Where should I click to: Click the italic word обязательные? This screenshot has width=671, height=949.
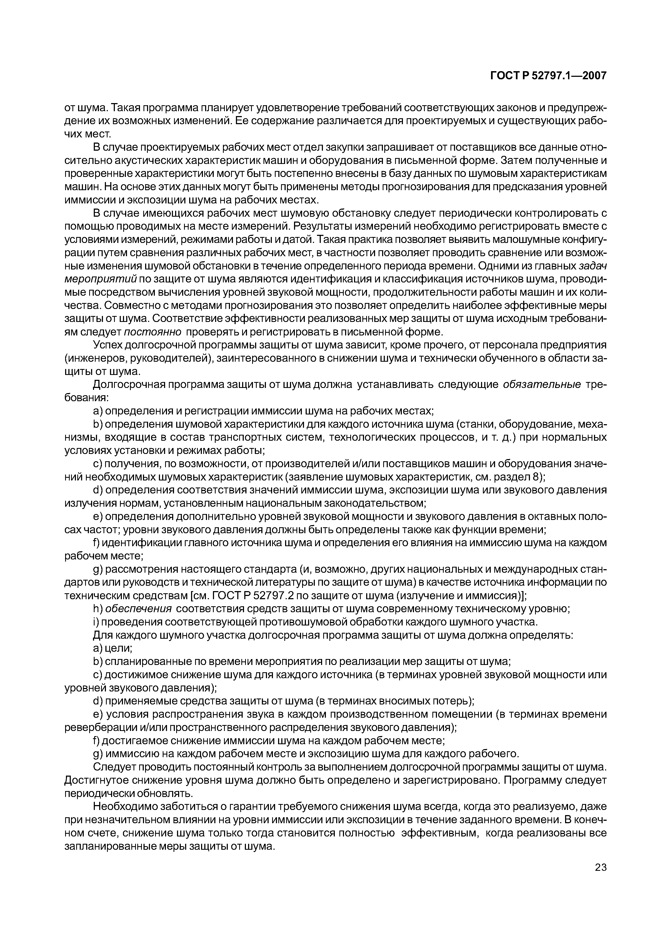(542, 385)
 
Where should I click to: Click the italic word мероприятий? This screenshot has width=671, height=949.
(101, 279)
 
